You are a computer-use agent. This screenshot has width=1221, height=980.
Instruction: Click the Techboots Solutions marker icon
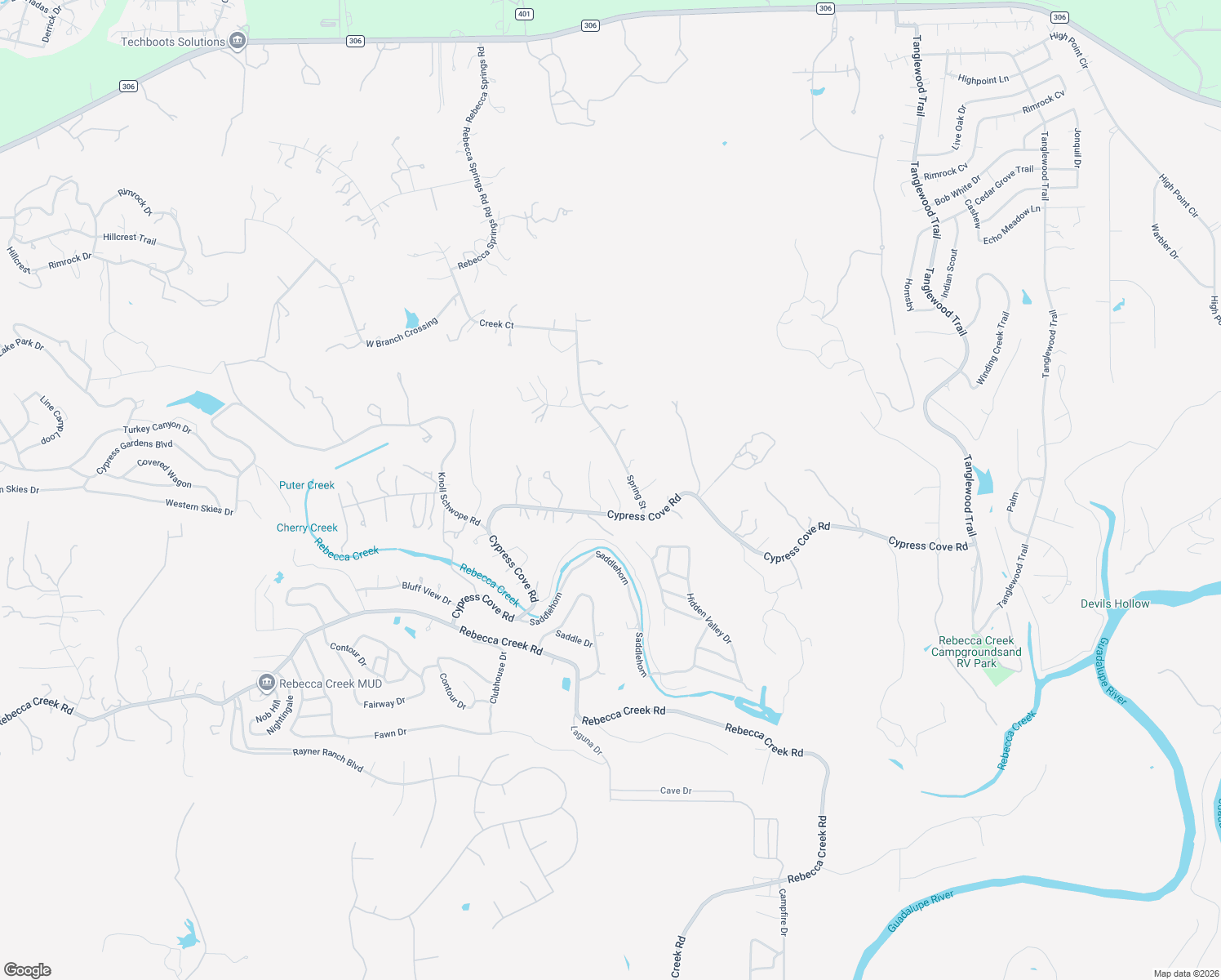[x=238, y=41]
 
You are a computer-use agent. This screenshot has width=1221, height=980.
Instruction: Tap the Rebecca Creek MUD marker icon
[x=266, y=684]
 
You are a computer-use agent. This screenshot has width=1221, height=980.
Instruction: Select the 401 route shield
[x=524, y=14]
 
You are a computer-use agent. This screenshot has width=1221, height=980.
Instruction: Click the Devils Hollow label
[x=1115, y=604]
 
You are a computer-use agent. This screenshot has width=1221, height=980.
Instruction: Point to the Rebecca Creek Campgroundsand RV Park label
[x=976, y=652]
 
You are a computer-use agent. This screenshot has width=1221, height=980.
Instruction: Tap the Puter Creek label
[x=307, y=485]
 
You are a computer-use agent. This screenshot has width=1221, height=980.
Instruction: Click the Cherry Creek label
[x=307, y=528]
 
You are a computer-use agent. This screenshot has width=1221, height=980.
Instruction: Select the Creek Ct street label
[x=496, y=324]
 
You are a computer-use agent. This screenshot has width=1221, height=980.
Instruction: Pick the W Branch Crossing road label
[x=402, y=333]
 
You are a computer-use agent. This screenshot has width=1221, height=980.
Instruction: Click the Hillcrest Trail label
[x=129, y=238]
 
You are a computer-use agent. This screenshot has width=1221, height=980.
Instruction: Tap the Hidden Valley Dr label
[x=708, y=618]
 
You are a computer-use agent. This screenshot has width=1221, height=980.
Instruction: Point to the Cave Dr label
[x=676, y=791]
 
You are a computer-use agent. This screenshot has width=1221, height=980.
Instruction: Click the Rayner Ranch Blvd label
[x=328, y=759]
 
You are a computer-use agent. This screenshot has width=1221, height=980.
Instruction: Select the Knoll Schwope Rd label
[x=458, y=499]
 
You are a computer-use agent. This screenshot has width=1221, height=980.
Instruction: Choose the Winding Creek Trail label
[x=993, y=349]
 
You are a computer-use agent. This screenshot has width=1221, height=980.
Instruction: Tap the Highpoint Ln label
[x=983, y=80]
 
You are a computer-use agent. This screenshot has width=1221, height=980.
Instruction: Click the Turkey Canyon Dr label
[x=157, y=427]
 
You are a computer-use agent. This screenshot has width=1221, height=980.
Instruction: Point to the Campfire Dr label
[x=783, y=912]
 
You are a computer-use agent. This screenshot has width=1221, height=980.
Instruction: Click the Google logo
[x=28, y=969]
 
